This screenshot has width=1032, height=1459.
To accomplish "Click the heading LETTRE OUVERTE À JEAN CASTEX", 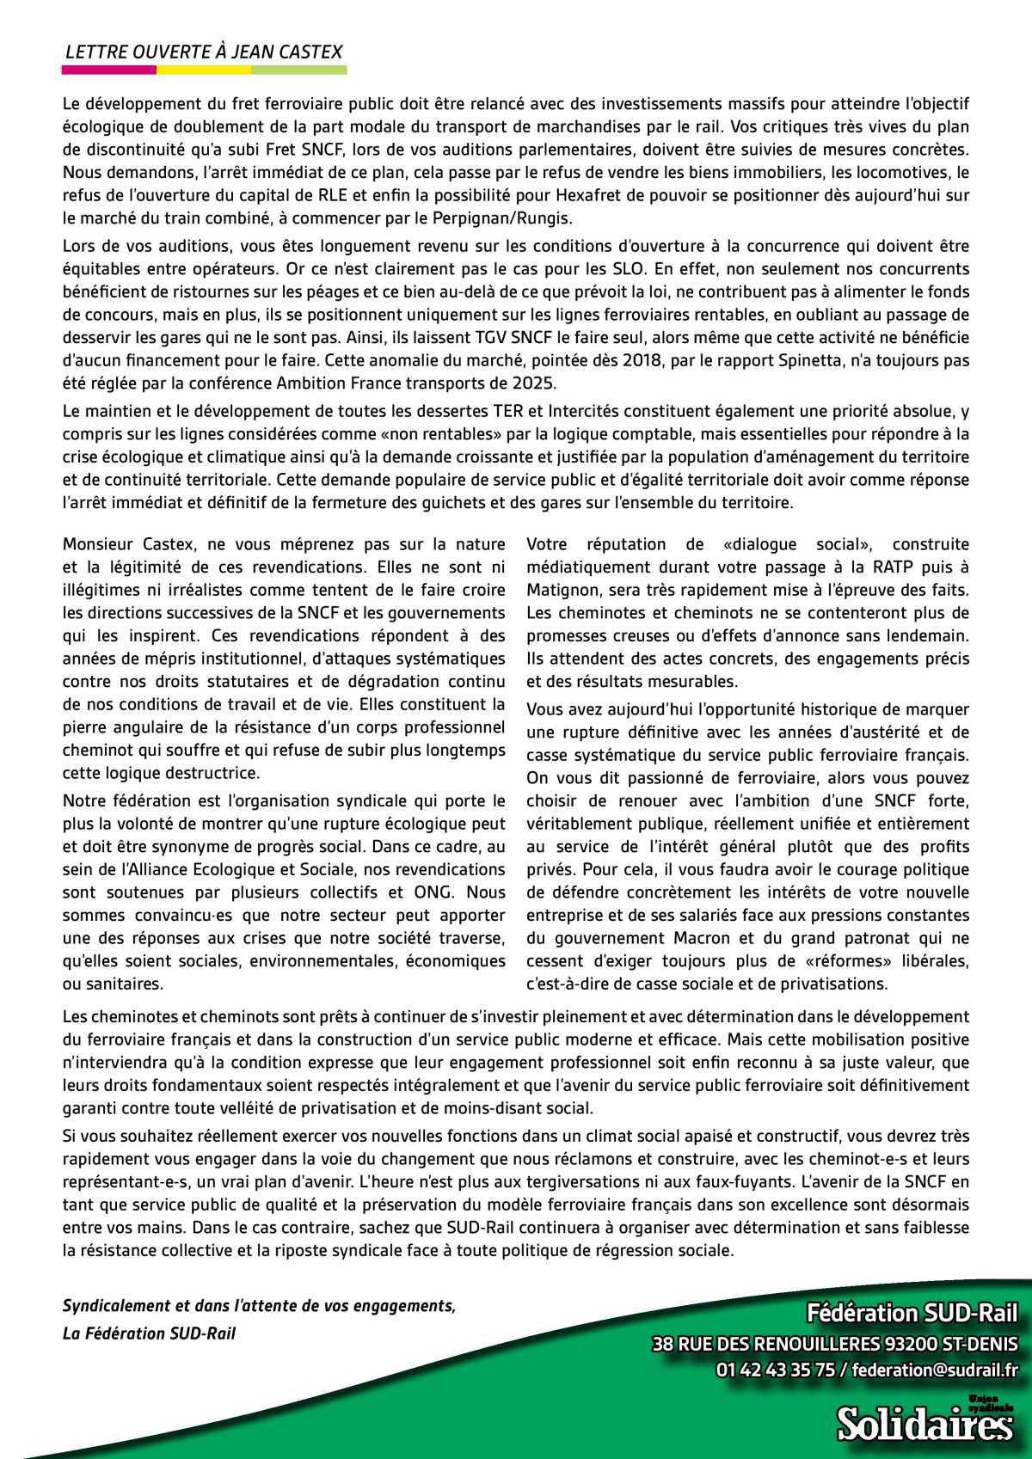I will [x=204, y=52].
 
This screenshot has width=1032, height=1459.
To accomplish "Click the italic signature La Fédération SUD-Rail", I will [x=149, y=1333].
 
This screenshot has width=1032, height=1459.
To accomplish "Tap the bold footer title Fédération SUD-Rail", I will [x=911, y=1313].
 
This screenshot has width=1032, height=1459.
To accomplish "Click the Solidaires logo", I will [x=925, y=1423].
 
